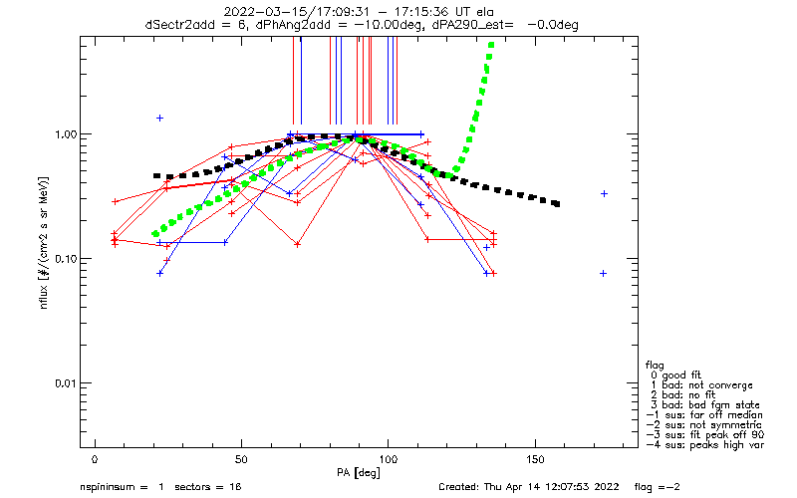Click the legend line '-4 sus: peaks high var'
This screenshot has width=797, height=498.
[x=709, y=444]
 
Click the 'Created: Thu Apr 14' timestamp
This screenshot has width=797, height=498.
[x=498, y=487]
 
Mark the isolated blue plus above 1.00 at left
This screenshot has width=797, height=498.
[x=159, y=119]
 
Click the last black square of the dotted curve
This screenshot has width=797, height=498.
[x=556, y=204]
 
